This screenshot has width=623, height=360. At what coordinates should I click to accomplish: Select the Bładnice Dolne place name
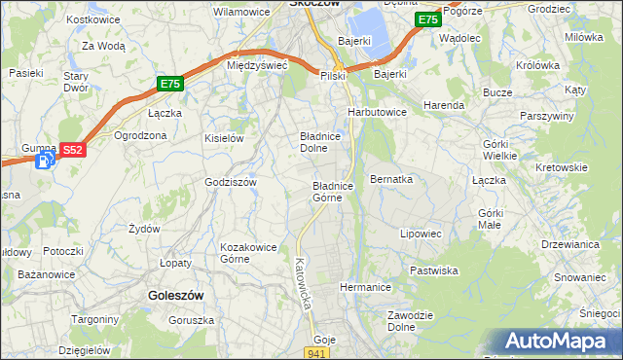319,143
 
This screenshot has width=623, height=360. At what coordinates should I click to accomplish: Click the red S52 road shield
72,150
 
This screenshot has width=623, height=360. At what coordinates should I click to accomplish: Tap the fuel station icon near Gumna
43,162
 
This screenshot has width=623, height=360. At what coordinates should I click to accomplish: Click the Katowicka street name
303,283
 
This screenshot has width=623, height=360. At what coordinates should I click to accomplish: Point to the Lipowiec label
421,234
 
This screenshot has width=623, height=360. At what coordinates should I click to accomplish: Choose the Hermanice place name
365,287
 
